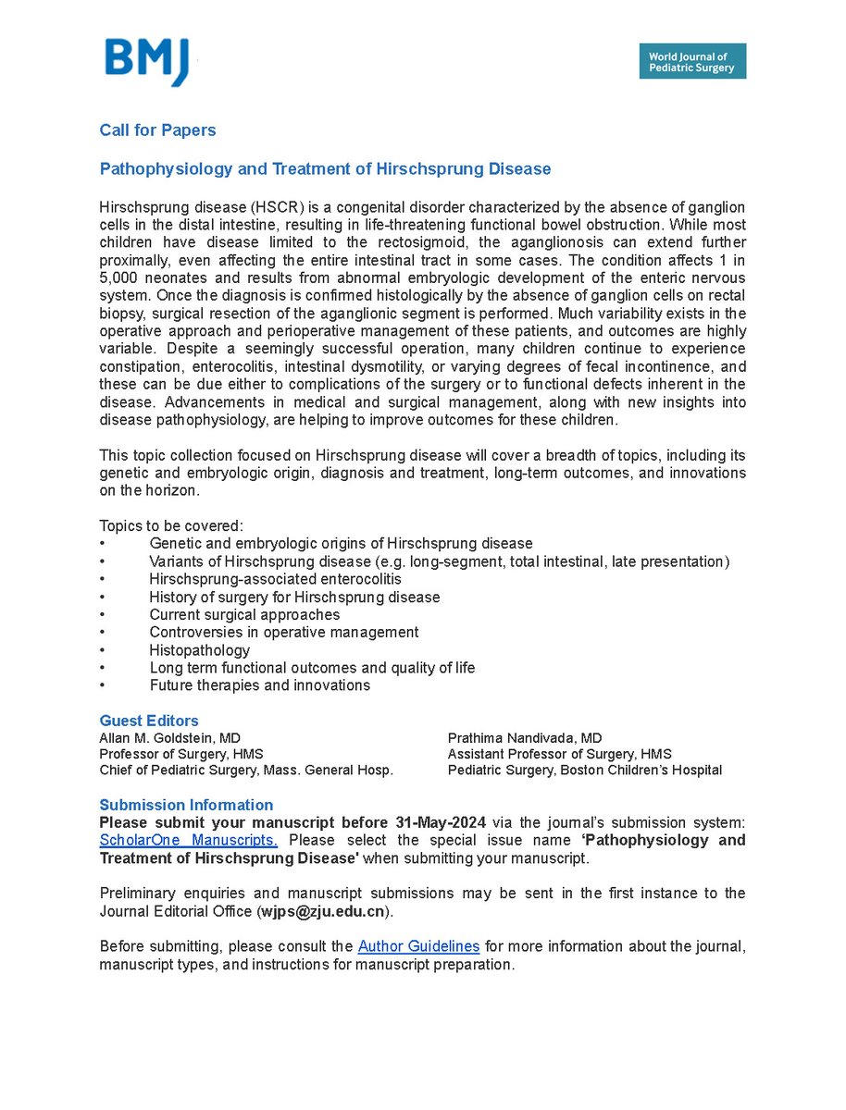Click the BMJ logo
pyautogui.click(x=148, y=62)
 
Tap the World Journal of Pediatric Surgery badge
pyautogui.click(x=691, y=61)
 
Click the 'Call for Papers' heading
pyautogui.click(x=157, y=130)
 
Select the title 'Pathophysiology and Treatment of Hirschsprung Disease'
pyautogui.click(x=325, y=169)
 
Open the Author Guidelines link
pyautogui.click(x=418, y=946)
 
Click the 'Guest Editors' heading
pyautogui.click(x=148, y=721)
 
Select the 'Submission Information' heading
pyautogui.click(x=186, y=805)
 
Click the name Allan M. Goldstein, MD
pyautogui.click(x=169, y=738)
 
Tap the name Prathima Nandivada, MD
pyautogui.click(x=525, y=738)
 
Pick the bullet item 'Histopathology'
pyautogui.click(x=199, y=650)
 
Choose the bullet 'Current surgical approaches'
pyautogui.click(x=244, y=615)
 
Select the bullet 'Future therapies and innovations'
pyautogui.click(x=259, y=685)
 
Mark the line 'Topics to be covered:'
pyautogui.click(x=171, y=525)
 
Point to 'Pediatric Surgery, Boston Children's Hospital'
pyautogui.click(x=584, y=770)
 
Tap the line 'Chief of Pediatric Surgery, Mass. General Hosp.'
pyautogui.click(x=246, y=770)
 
